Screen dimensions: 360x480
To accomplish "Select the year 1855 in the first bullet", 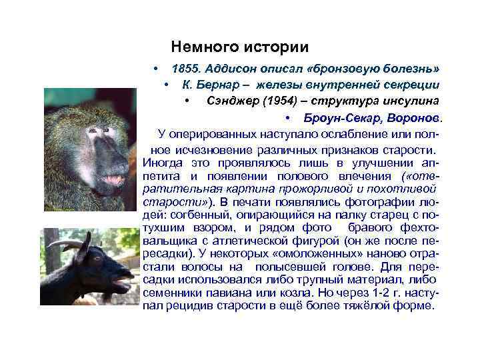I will tap(186, 69).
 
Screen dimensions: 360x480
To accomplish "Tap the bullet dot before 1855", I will tap(155, 69).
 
